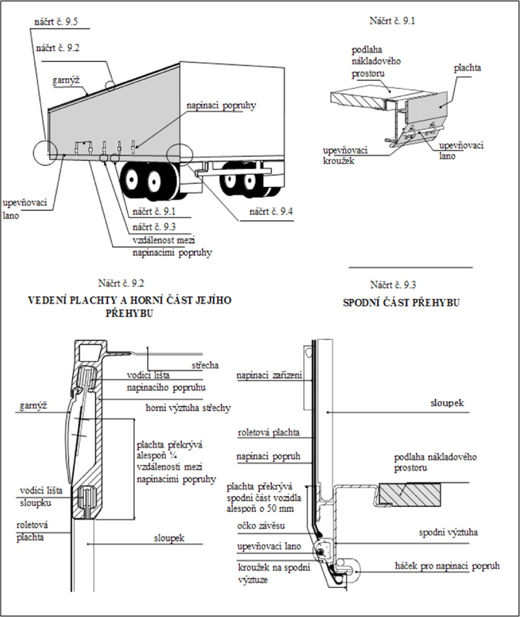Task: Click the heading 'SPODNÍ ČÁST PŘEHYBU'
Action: (401, 303)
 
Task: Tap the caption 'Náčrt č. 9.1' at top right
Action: (392, 20)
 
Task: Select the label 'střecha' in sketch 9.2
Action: (205, 365)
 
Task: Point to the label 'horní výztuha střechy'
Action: (188, 408)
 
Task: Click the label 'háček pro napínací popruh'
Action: (447, 566)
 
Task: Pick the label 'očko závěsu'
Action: (261, 526)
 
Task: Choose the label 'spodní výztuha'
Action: (448, 532)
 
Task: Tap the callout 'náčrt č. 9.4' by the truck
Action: (271, 212)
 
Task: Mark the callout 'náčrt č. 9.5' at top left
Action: (56, 22)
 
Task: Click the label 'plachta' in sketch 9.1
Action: (467, 68)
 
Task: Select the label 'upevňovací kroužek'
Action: (345, 155)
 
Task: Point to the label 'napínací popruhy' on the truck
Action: (221, 106)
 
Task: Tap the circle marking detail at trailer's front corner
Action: (45, 153)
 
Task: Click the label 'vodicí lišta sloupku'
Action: (41, 496)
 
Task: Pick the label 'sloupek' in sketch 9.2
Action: (169, 538)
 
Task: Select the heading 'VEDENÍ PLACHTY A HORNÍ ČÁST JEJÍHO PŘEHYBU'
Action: (129, 306)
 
